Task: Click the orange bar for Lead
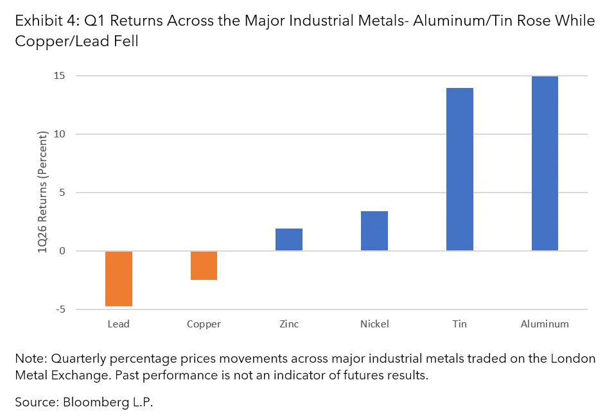118,279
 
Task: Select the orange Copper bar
204,265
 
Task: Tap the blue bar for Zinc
288,239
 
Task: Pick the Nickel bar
374,230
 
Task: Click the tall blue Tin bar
459,169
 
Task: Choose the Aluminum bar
545,163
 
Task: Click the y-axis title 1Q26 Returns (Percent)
43,192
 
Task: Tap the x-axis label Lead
118,324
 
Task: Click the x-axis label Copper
204,324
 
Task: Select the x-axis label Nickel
374,324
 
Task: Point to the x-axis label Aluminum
545,324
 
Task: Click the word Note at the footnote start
30,359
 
